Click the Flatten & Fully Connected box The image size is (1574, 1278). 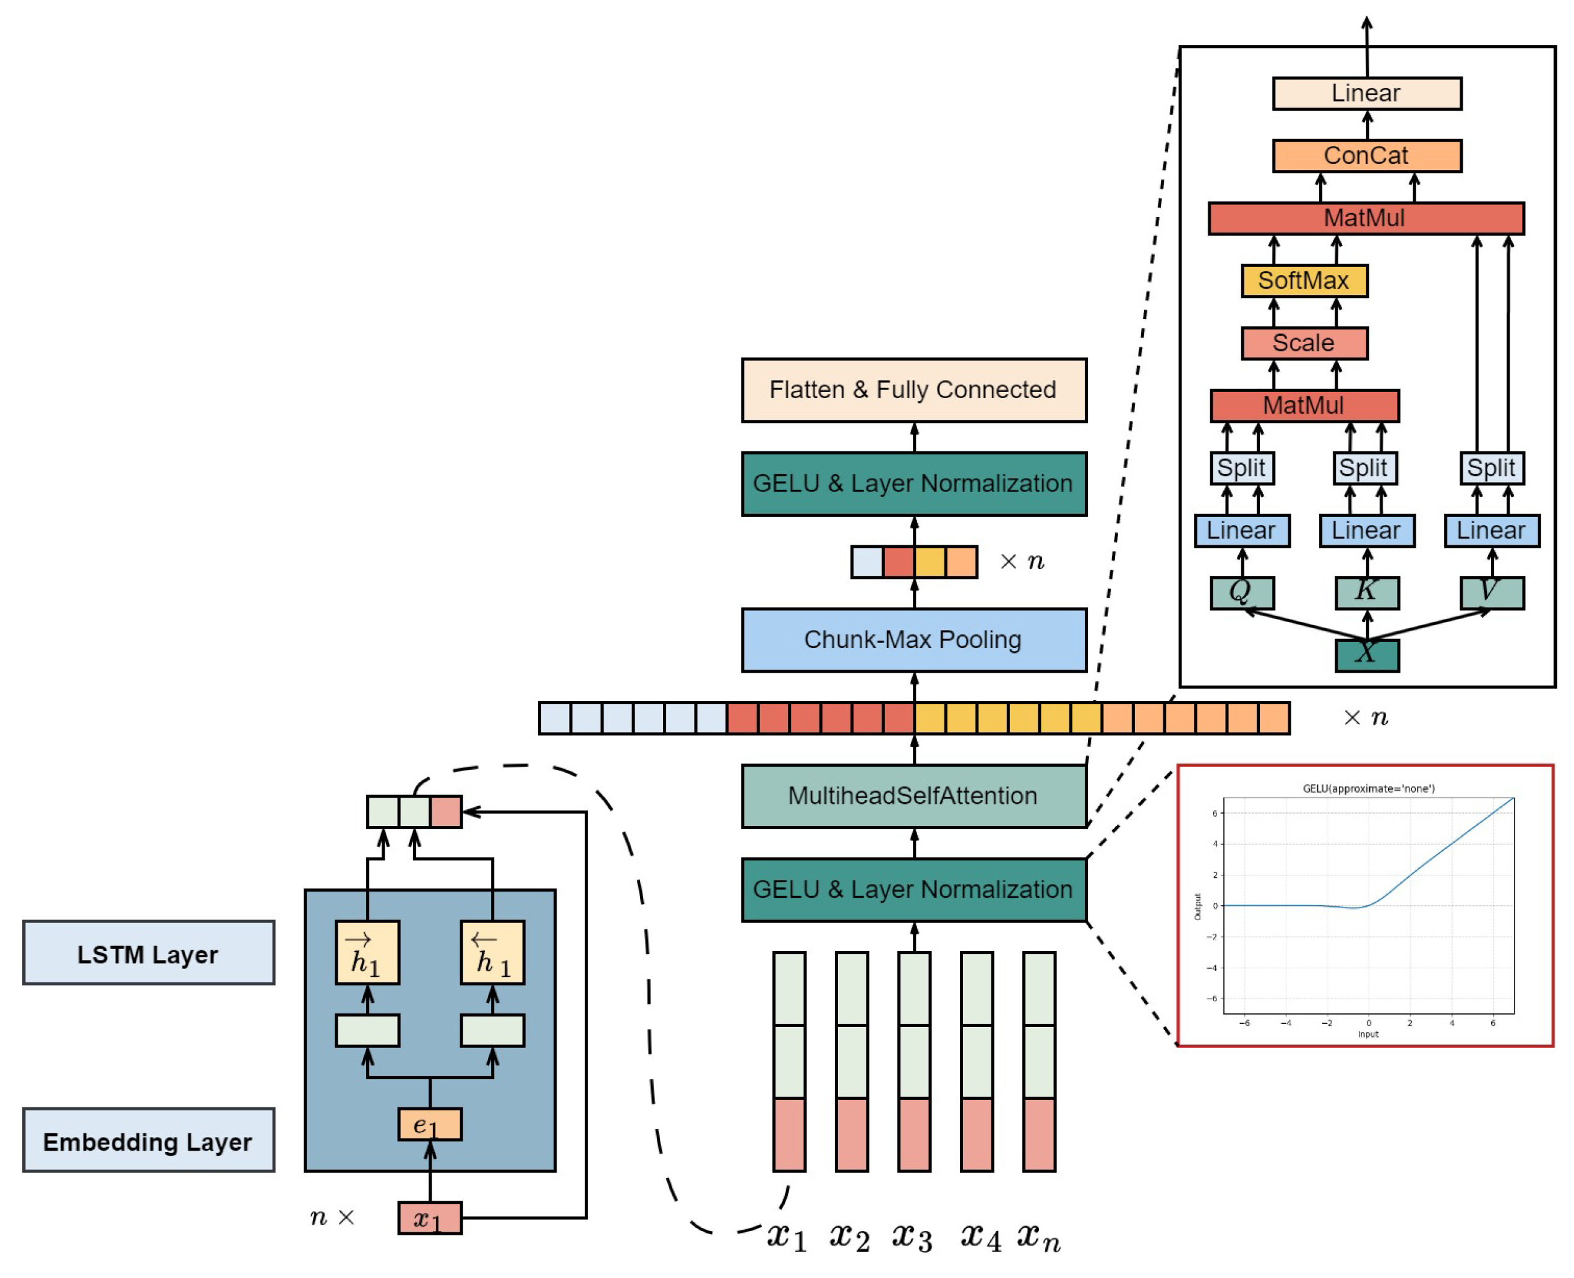click(913, 390)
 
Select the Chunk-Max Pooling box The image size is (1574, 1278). click(913, 639)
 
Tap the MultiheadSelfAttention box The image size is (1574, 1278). click(913, 795)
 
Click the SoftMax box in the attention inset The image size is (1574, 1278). click(1304, 281)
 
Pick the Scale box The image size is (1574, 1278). click(1304, 343)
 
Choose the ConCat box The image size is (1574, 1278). click(1366, 155)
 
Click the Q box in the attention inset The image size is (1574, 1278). click(1241, 592)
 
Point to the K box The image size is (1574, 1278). click(1366, 592)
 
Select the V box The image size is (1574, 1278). click(1492, 592)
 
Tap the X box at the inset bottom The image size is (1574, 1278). click(1366, 655)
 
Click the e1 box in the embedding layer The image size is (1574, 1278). click(429, 1124)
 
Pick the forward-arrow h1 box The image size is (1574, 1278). click(367, 953)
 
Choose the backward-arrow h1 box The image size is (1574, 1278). click(492, 953)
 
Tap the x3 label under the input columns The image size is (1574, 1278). click(912, 1237)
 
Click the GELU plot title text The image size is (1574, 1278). click(1368, 788)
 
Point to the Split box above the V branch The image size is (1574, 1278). click(1492, 467)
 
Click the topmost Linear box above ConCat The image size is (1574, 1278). click(1366, 93)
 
